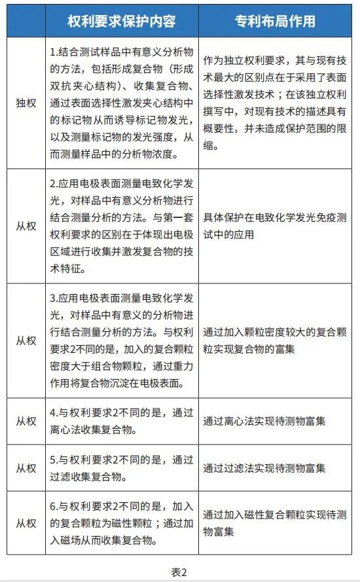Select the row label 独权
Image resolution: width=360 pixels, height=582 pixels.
(26, 103)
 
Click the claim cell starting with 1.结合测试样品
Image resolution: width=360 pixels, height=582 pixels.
(122, 103)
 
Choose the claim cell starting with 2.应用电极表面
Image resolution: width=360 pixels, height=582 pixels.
(122, 227)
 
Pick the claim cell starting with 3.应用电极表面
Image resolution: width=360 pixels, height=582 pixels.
(122, 340)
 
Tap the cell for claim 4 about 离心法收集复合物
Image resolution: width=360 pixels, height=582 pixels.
(122, 422)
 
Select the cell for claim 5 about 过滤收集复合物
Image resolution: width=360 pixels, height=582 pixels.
(122, 468)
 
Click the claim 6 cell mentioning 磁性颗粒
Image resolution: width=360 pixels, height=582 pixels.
(122, 523)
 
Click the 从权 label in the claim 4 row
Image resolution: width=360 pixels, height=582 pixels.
(26, 422)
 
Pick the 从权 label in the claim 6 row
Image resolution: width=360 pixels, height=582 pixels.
(26, 523)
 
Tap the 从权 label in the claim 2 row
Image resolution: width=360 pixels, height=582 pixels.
(26, 227)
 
